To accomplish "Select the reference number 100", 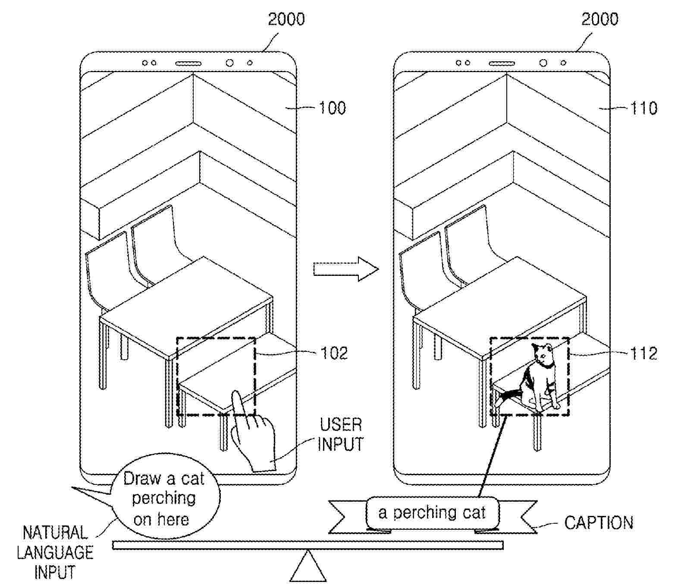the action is (x=332, y=108).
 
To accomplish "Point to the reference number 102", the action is (x=334, y=353).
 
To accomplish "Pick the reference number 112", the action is (x=643, y=354).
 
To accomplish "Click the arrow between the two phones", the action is (x=346, y=269).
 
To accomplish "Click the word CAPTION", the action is (x=599, y=523).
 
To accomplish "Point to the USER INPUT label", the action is (x=340, y=435).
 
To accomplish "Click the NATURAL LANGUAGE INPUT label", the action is (x=55, y=553).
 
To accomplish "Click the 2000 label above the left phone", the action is (x=286, y=19).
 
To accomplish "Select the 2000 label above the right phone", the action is (x=600, y=19).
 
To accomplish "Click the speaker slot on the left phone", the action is (x=188, y=63).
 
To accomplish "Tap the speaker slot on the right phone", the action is (x=502, y=63).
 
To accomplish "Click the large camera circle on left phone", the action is (x=229, y=63).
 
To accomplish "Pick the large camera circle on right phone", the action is (x=543, y=63).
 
